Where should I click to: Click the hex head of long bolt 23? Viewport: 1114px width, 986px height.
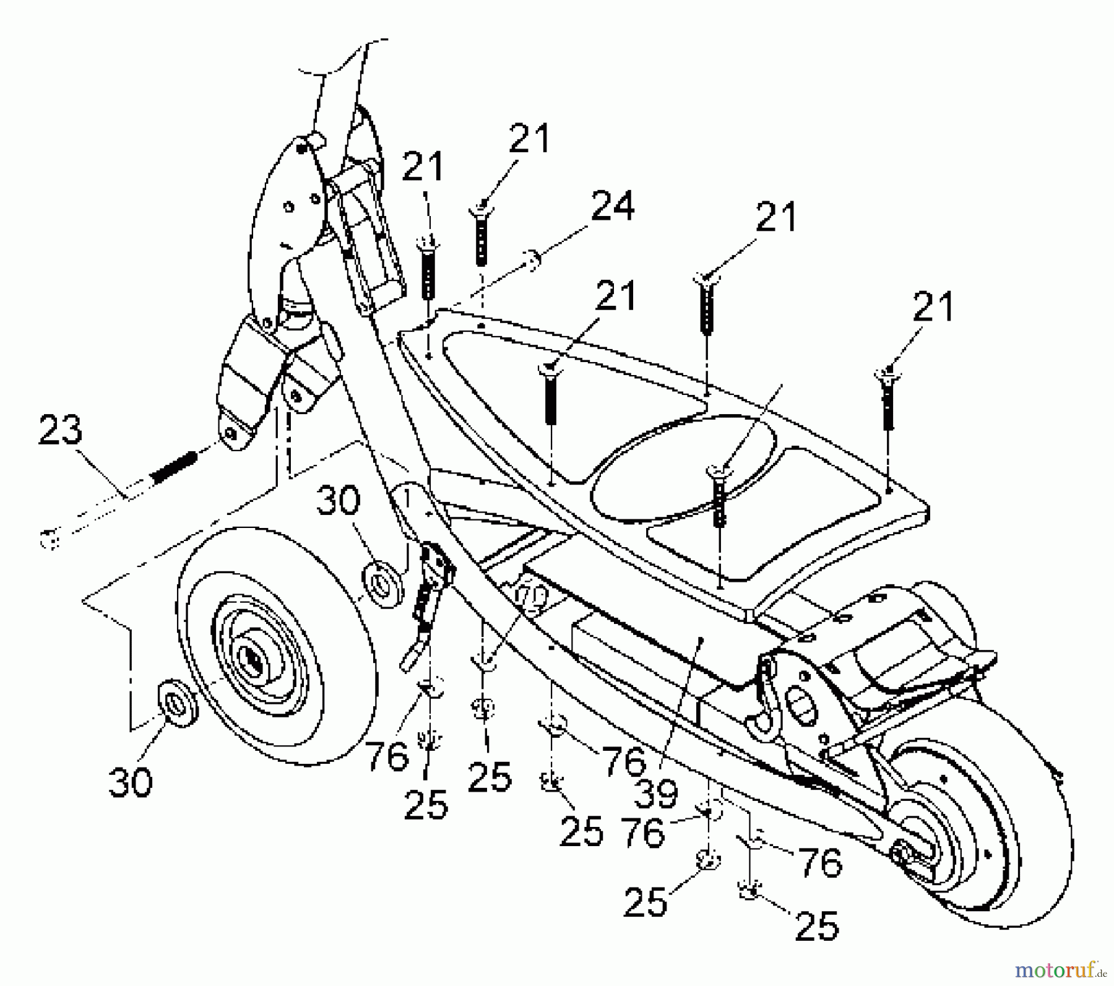click(50, 539)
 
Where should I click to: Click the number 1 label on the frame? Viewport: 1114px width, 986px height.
click(407, 496)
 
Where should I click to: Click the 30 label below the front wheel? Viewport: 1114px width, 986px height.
click(130, 781)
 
